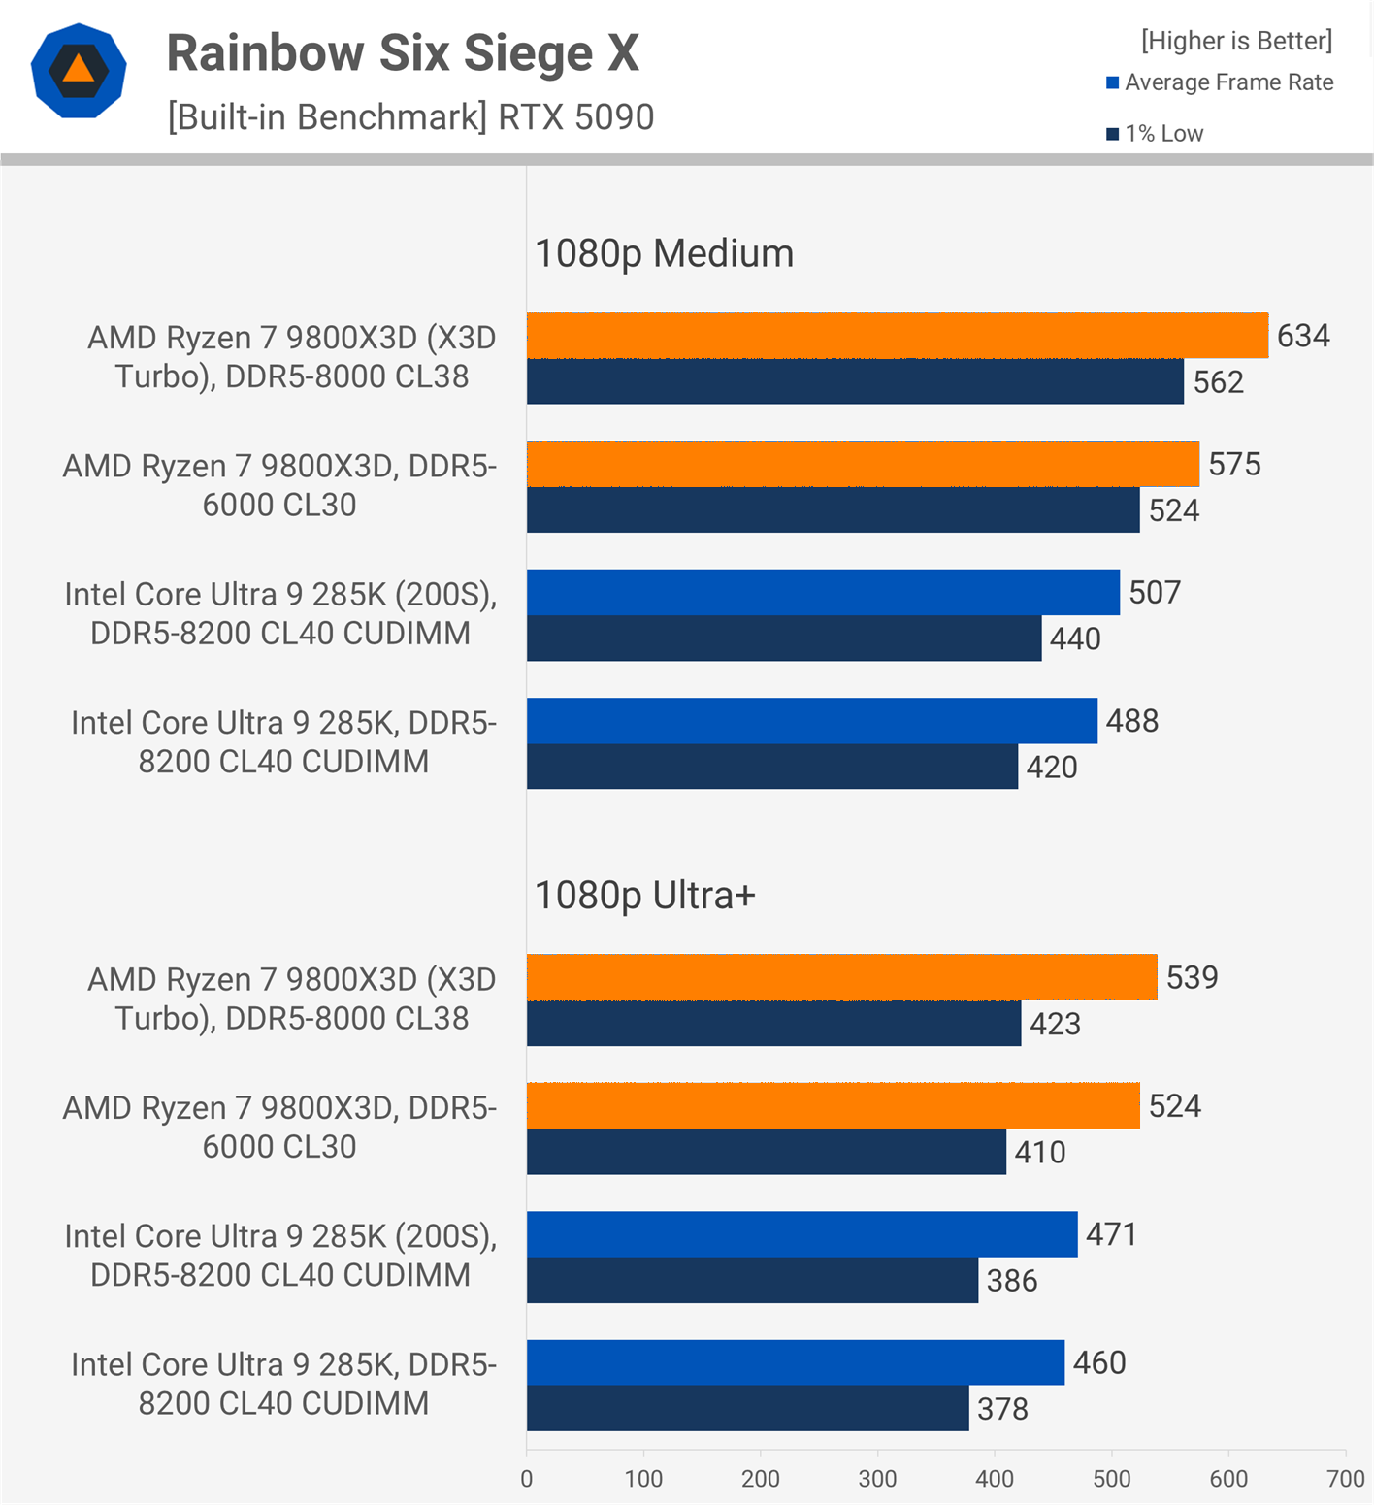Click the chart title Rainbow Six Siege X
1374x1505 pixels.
[403, 53]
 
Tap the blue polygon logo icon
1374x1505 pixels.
[79, 71]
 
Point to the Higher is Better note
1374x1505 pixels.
[1236, 41]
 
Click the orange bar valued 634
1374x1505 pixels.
[897, 336]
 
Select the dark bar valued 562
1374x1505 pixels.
[854, 381]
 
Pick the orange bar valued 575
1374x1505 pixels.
[863, 464]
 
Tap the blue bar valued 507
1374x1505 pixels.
[823, 592]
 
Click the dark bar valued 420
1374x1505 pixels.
[771, 767]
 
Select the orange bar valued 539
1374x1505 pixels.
[841, 977]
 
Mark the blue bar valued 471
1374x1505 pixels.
[801, 1234]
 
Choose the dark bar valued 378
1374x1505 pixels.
[747, 1409]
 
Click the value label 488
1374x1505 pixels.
[1131, 721]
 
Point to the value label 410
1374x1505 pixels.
[1039, 1152]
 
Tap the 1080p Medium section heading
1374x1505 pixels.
[664, 253]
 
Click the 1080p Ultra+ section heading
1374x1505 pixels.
[644, 896]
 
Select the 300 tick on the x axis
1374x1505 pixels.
[877, 1479]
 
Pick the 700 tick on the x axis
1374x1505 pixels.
[1345, 1479]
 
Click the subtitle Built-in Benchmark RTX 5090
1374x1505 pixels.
[410, 117]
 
